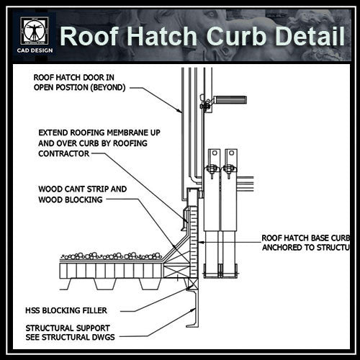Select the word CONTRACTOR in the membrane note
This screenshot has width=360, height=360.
pyautogui.click(x=64, y=153)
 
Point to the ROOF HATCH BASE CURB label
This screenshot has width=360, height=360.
pyautogui.click(x=307, y=237)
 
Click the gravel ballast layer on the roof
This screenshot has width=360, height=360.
pyautogui.click(x=112, y=256)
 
